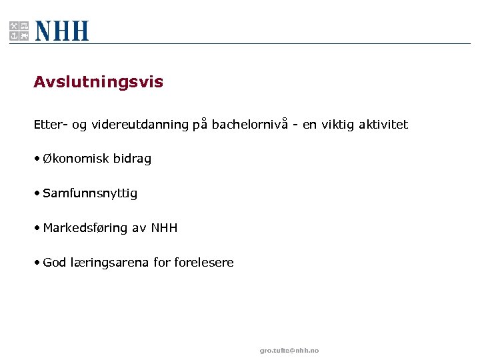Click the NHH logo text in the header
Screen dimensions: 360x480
62,31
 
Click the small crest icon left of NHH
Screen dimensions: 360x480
19,31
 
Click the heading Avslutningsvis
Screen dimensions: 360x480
98,82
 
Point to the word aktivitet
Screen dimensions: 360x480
383,125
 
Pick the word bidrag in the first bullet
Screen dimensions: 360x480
132,159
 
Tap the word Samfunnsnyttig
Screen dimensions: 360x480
90,193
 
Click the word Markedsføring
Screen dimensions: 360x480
85,228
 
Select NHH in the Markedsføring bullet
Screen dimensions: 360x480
164,228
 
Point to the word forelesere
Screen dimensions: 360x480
204,263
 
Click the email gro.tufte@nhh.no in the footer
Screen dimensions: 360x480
289,351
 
